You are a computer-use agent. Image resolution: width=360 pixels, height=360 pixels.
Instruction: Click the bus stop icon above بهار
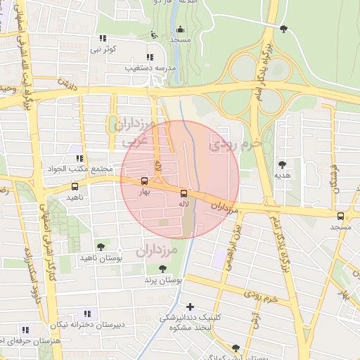[144, 181]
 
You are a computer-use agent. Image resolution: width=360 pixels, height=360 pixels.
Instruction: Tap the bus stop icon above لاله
[184, 193]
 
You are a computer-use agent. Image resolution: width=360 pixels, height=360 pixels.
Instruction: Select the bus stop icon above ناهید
[75, 187]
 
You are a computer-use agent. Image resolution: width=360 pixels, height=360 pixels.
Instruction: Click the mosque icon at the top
[181, 30]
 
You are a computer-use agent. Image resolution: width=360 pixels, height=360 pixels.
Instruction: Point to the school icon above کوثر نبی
[103, 38]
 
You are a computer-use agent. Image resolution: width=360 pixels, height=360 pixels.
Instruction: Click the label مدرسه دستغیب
[147, 68]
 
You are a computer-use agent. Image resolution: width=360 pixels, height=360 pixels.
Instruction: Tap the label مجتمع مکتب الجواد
[79, 169]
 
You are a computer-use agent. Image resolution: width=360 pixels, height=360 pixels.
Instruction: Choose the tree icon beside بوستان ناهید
[101, 247]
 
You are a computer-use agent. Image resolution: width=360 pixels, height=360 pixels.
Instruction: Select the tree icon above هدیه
[282, 164]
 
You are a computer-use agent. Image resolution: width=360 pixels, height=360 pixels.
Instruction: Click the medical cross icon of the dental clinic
[190, 307]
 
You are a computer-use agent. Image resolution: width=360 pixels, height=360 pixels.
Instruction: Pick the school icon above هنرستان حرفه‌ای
[25, 330]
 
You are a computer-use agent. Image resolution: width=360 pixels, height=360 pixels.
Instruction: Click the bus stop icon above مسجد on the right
[341, 217]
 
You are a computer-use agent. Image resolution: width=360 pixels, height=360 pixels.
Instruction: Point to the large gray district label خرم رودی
[236, 144]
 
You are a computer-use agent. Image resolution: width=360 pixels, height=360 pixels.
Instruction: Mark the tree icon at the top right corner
[283, 29]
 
